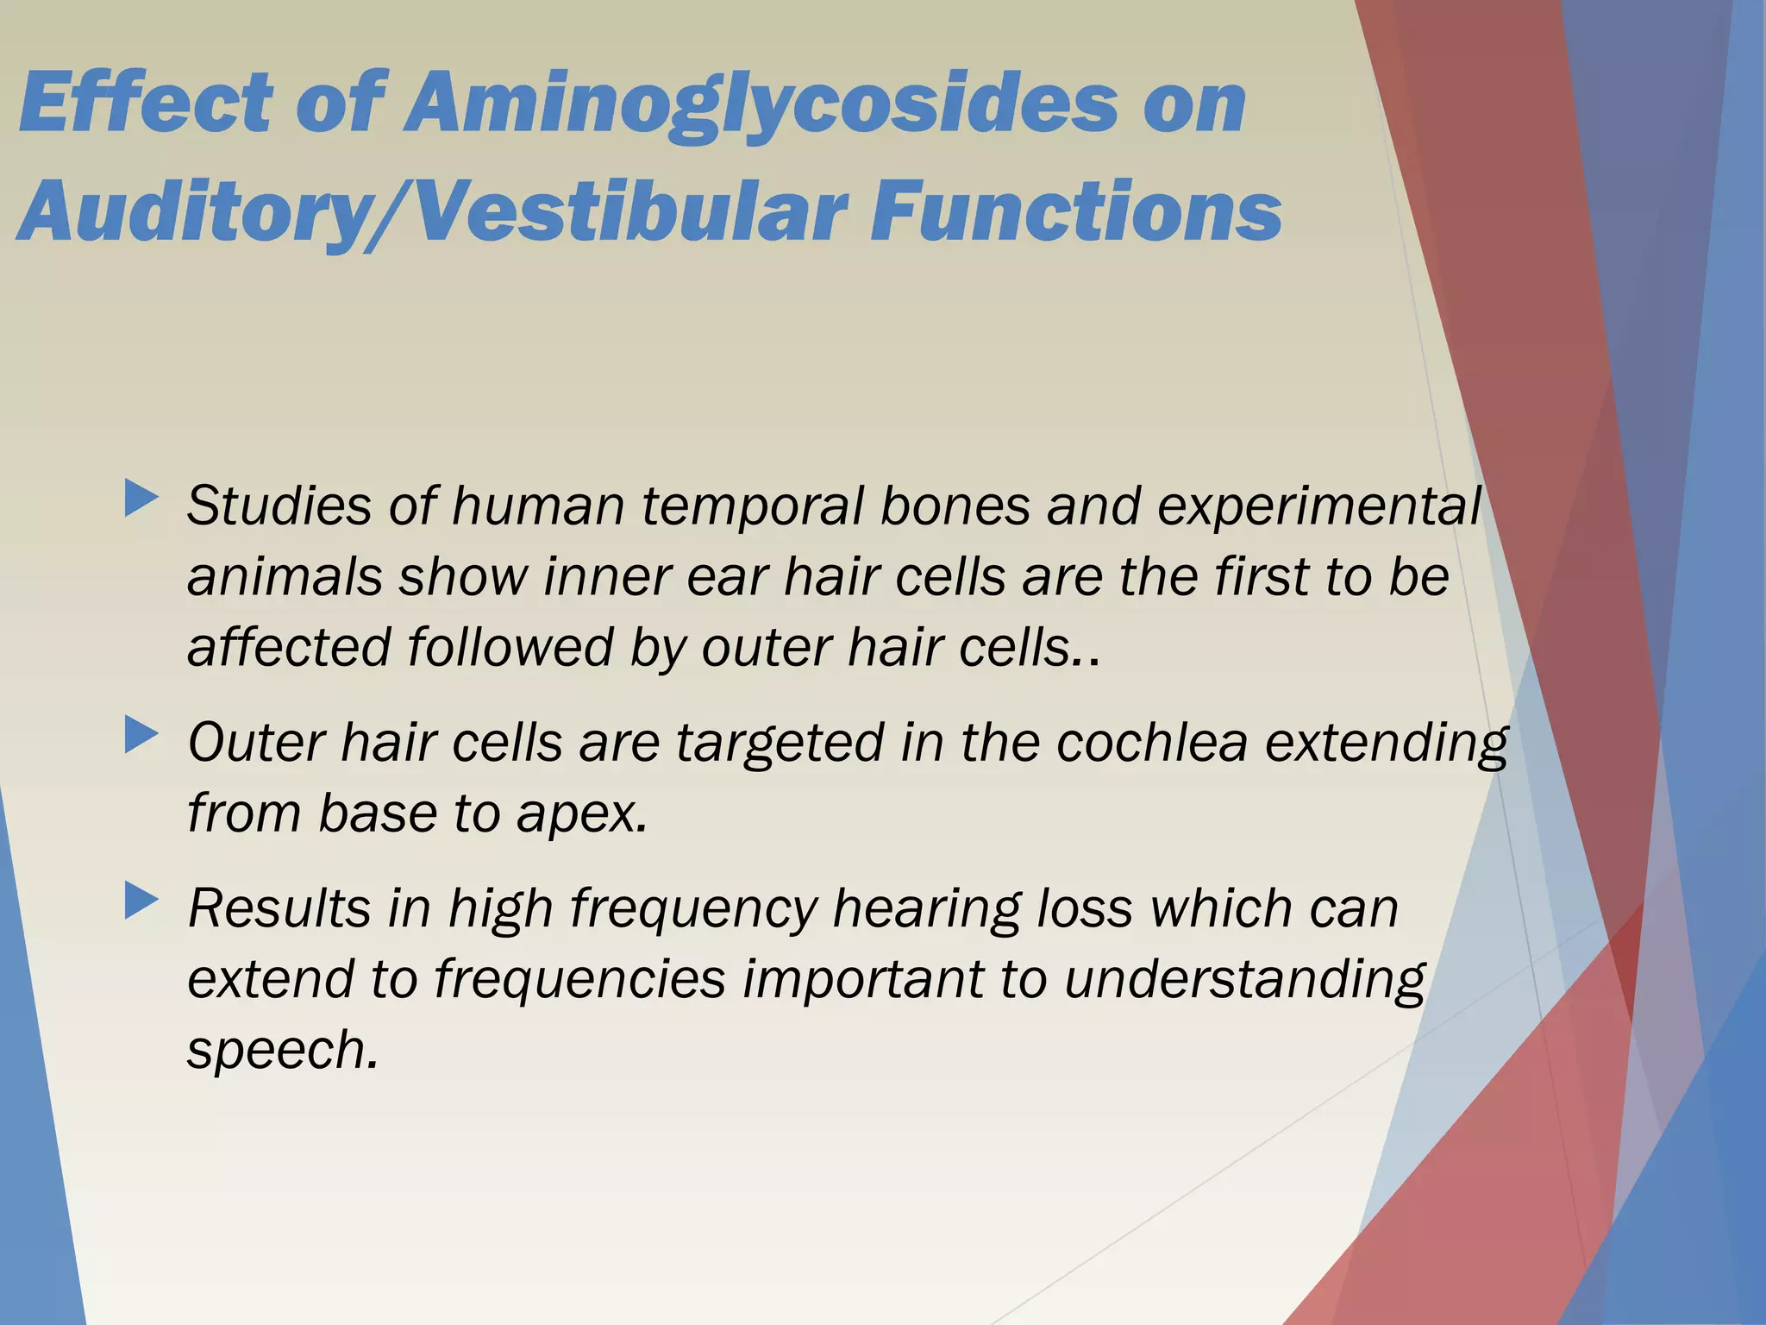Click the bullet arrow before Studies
(141, 499)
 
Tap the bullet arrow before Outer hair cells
(141, 736)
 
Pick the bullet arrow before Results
(141, 901)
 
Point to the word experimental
(1318, 506)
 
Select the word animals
(285, 577)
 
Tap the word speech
(282, 1052)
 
